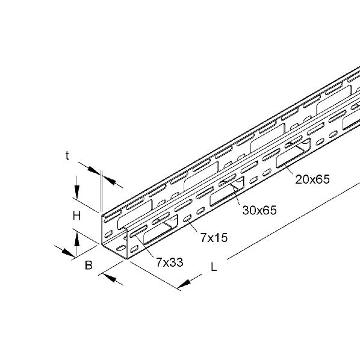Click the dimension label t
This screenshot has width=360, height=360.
coord(67,156)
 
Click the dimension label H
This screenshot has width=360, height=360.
coord(76,216)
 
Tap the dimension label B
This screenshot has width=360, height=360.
coord(88,265)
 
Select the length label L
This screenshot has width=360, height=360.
coord(214,267)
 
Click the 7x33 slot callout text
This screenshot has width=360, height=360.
coord(170,262)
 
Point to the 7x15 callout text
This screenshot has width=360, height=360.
coord(214,237)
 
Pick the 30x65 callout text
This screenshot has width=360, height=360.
coord(259,210)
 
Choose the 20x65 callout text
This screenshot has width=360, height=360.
coord(312,179)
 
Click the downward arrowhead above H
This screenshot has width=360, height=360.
coord(76,191)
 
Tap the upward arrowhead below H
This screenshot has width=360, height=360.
coord(76,239)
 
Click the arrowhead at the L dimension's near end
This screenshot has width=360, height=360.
coord(184,284)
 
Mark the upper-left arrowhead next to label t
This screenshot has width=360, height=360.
coord(94,170)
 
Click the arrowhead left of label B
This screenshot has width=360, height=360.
coord(69,252)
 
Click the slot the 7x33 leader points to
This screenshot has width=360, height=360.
coord(138,231)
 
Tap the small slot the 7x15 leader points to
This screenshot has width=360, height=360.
coord(188,218)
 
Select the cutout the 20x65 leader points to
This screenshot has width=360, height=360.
coord(293,153)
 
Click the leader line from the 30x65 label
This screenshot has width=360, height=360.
coord(236,195)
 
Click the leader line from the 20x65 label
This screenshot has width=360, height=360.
coord(289,170)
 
